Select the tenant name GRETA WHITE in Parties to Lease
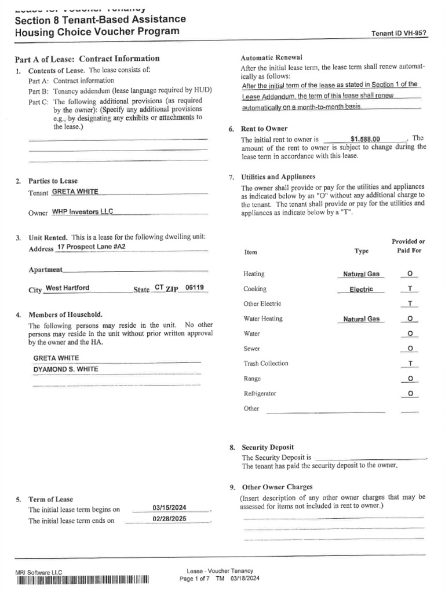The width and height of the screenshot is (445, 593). pos(75,192)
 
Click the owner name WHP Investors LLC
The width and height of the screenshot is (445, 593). pos(83,212)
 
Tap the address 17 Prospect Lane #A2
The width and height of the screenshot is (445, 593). pos(92,247)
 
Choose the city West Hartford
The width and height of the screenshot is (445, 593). pos(67,288)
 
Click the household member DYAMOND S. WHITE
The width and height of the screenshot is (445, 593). pos(65,369)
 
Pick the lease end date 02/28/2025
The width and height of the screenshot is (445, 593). pos(169,519)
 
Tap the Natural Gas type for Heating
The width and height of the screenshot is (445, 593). pos(361,274)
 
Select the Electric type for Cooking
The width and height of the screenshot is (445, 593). pos(361,289)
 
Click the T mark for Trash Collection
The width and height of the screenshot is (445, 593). pos(410,364)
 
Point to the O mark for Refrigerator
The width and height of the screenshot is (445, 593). pos(410,394)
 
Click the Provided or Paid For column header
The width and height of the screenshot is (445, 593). pos(408,246)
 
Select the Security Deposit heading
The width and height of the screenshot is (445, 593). pos(267,447)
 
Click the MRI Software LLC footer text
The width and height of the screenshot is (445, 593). pos(38,572)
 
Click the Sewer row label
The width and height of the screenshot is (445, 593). pos(252,349)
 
